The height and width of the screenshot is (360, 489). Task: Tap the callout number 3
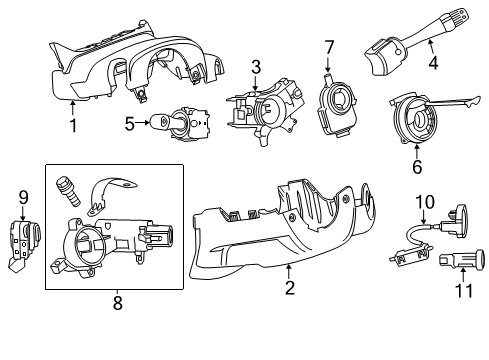[256, 67]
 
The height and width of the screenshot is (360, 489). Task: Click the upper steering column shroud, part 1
[130, 65]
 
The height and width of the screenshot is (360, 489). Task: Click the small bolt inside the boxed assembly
[71, 189]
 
